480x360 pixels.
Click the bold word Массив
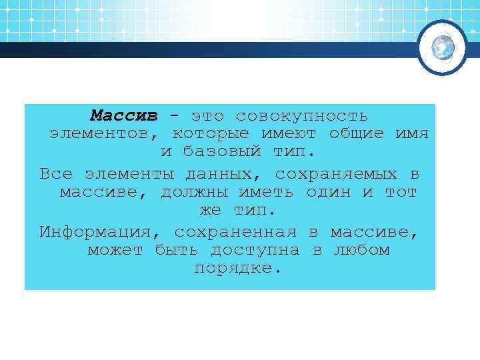(124, 115)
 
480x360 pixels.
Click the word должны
(192, 193)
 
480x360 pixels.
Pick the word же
(210, 211)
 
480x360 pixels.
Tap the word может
(115, 251)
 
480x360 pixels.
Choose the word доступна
(256, 251)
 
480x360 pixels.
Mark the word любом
(361, 251)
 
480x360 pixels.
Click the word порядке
(237, 269)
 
